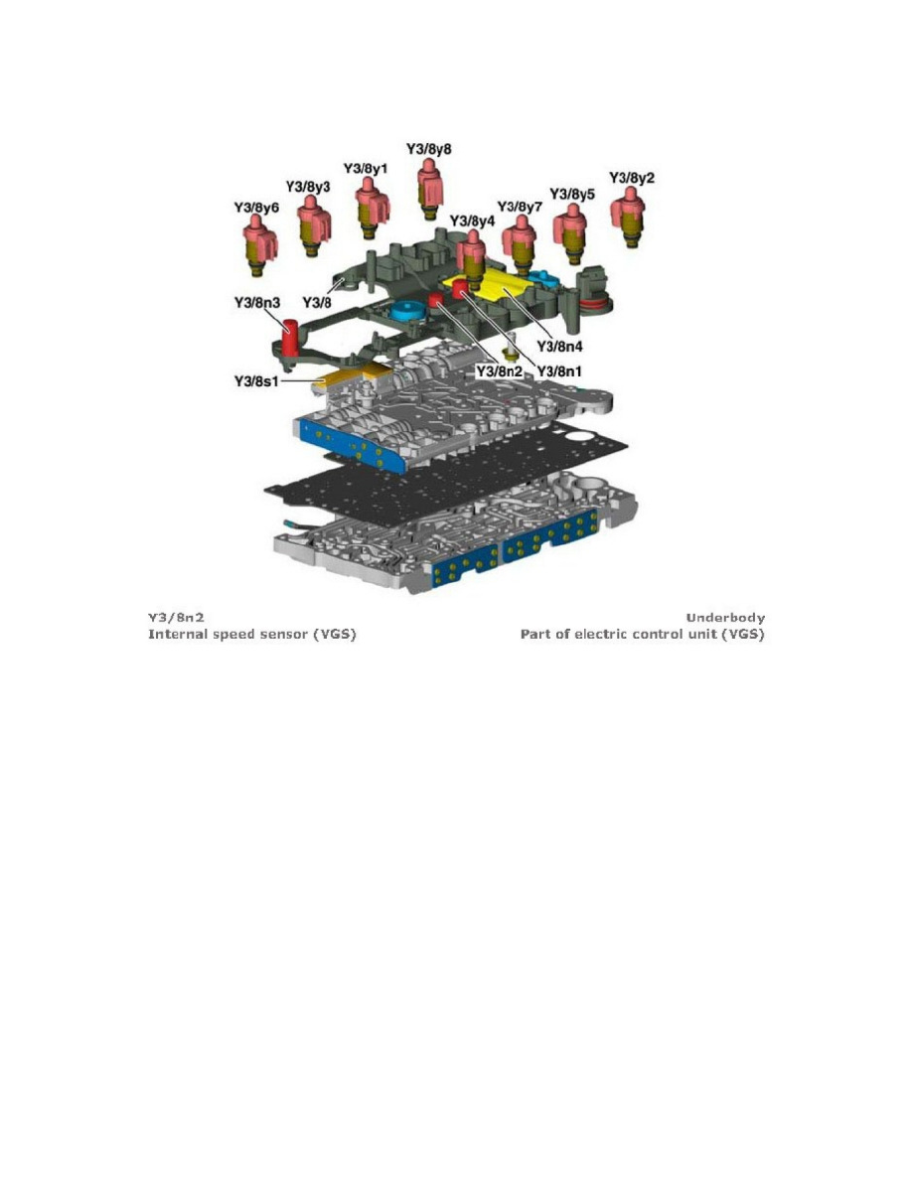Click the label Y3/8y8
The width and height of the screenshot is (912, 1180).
tap(429, 149)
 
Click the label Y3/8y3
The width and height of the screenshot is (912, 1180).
tap(308, 187)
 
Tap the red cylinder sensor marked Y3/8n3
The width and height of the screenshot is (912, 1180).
tap(289, 338)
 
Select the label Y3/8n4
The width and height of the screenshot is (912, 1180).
tap(559, 346)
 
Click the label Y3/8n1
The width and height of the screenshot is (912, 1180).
tap(560, 370)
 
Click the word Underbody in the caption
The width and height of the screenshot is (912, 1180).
tap(725, 619)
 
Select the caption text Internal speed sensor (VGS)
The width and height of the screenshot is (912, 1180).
tap(252, 634)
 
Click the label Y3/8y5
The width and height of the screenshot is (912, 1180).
tap(573, 194)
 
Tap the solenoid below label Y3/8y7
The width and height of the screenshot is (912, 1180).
tap(520, 241)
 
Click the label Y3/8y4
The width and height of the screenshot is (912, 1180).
tap(472, 220)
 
